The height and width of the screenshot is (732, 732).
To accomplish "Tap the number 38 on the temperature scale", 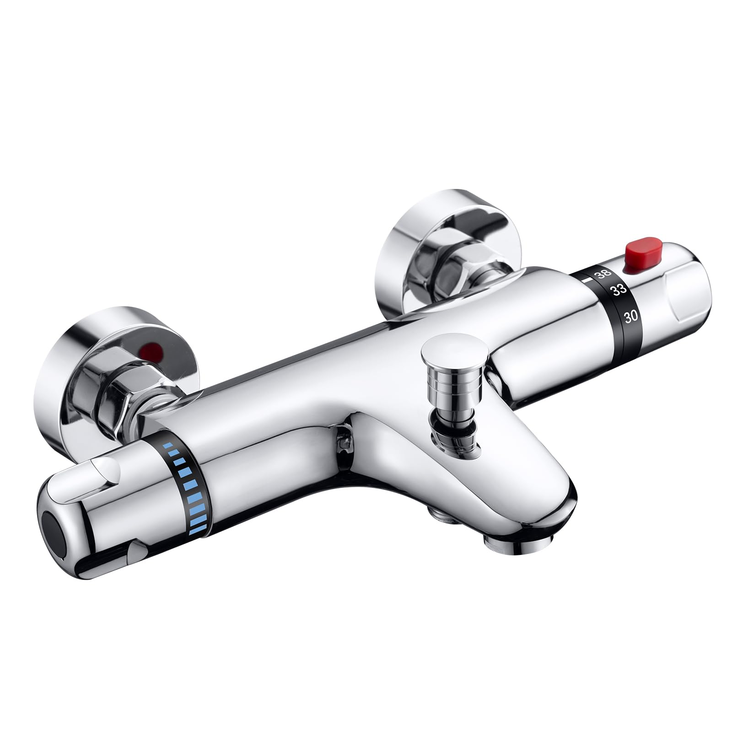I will point(603,274).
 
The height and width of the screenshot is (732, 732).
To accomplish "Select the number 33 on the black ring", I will point(619,290).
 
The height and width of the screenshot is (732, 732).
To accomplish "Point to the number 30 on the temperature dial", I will point(631,317).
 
